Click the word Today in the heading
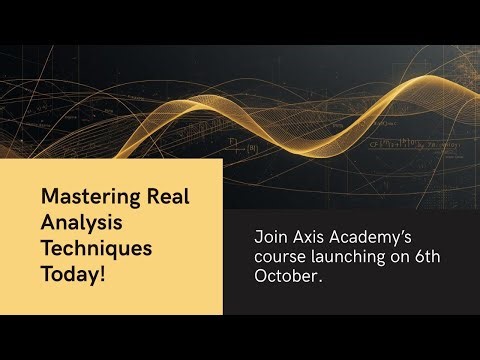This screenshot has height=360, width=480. (x=69, y=271)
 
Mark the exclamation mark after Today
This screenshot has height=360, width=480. (x=101, y=271)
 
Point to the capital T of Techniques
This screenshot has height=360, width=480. (x=46, y=245)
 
